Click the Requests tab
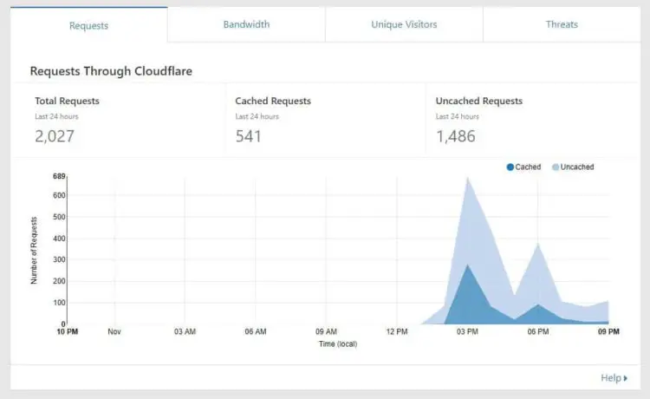pyautogui.click(x=88, y=25)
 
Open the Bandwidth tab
pyautogui.click(x=246, y=24)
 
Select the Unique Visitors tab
pyautogui.click(x=404, y=24)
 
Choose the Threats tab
pyautogui.click(x=562, y=24)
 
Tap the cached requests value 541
pyautogui.click(x=249, y=136)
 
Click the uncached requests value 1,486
pyautogui.click(x=456, y=136)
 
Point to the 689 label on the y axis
pyautogui.click(x=59, y=176)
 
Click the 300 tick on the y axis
pyautogui.click(x=59, y=259)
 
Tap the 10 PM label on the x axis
pyautogui.click(x=68, y=331)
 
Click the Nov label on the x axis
pyautogui.click(x=114, y=331)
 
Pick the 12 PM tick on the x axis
pyautogui.click(x=397, y=331)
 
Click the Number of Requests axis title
pyautogui.click(x=35, y=250)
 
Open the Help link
pyautogui.click(x=614, y=378)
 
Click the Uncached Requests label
pyautogui.click(x=478, y=101)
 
